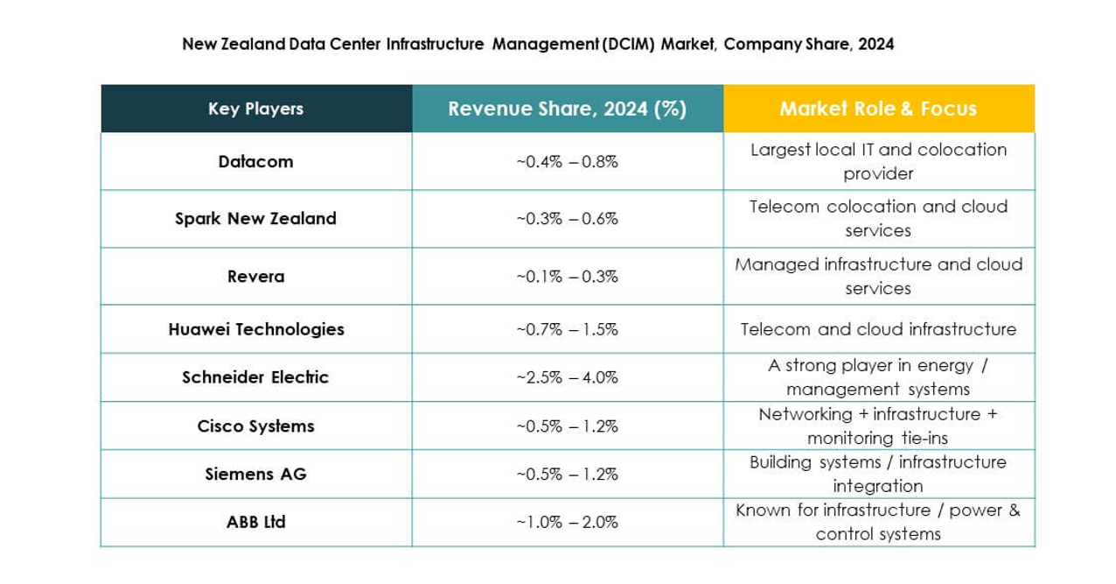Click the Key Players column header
(255, 109)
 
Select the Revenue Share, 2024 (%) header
(567, 109)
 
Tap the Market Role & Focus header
(878, 109)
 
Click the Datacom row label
(255, 161)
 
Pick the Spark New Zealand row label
(255, 219)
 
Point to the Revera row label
(255, 276)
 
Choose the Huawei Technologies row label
(255, 329)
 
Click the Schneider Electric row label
(255, 377)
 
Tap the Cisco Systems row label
(255, 426)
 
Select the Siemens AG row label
(255, 474)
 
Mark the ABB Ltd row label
(255, 522)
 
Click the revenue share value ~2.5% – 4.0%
(567, 377)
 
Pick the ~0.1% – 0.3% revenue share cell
(567, 276)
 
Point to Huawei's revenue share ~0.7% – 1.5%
(567, 329)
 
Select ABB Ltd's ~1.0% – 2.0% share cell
(567, 522)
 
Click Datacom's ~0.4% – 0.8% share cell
(567, 161)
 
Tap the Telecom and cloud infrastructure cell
(878, 329)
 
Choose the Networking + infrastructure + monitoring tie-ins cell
(878, 426)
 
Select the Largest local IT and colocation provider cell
(878, 161)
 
